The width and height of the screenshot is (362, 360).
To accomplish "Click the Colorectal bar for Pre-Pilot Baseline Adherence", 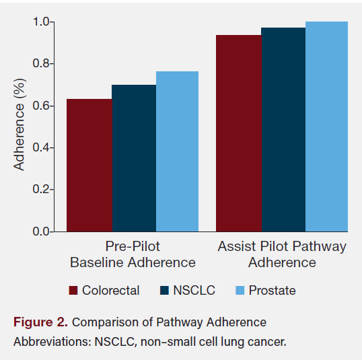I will pos(89,165).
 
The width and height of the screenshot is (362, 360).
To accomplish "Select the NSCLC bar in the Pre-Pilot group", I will pos(134,158).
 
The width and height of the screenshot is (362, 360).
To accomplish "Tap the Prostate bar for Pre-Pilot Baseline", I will pos(178,151).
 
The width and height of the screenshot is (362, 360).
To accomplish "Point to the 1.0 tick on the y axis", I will pos(41,22).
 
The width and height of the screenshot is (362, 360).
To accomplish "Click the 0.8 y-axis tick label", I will pos(41,64).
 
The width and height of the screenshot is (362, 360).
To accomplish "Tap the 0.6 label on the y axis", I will pos(41,106).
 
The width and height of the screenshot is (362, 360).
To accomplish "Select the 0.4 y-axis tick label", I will pos(41,147).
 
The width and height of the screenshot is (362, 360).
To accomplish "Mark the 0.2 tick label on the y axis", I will pos(41,190).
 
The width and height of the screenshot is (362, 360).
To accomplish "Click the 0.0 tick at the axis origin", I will pos(41,231).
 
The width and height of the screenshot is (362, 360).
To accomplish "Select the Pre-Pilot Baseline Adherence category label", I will pos(133,254).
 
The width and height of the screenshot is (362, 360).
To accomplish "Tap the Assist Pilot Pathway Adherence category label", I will pos(282,254).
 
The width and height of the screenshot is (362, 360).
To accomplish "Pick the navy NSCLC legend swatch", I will pos(164,291).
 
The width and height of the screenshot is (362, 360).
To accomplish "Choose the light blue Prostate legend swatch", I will pos(240,291).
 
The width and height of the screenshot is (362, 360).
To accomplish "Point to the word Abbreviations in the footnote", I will pos(48,342).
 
